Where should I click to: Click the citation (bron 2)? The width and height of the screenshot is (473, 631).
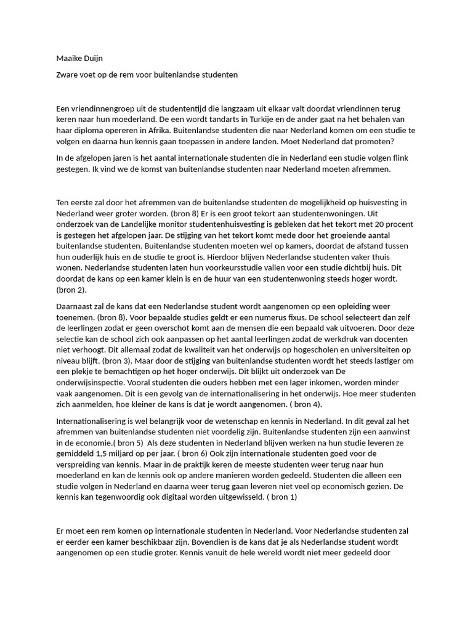point(71,289)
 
